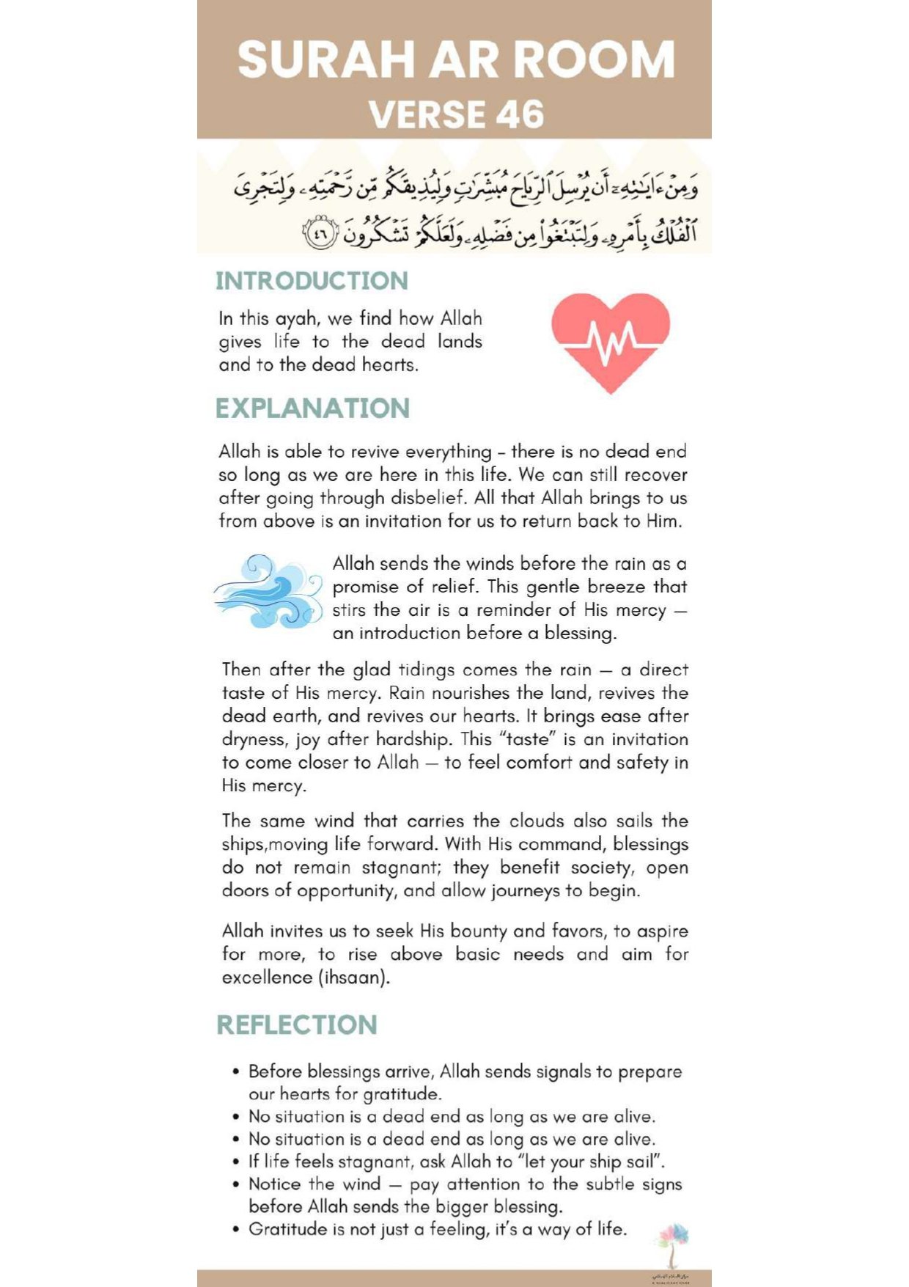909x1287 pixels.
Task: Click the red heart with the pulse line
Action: [x=611, y=341]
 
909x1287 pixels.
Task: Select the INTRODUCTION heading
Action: [x=312, y=281]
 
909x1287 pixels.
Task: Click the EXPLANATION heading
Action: [x=312, y=408]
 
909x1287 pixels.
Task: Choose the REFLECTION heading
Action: [x=297, y=1024]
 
